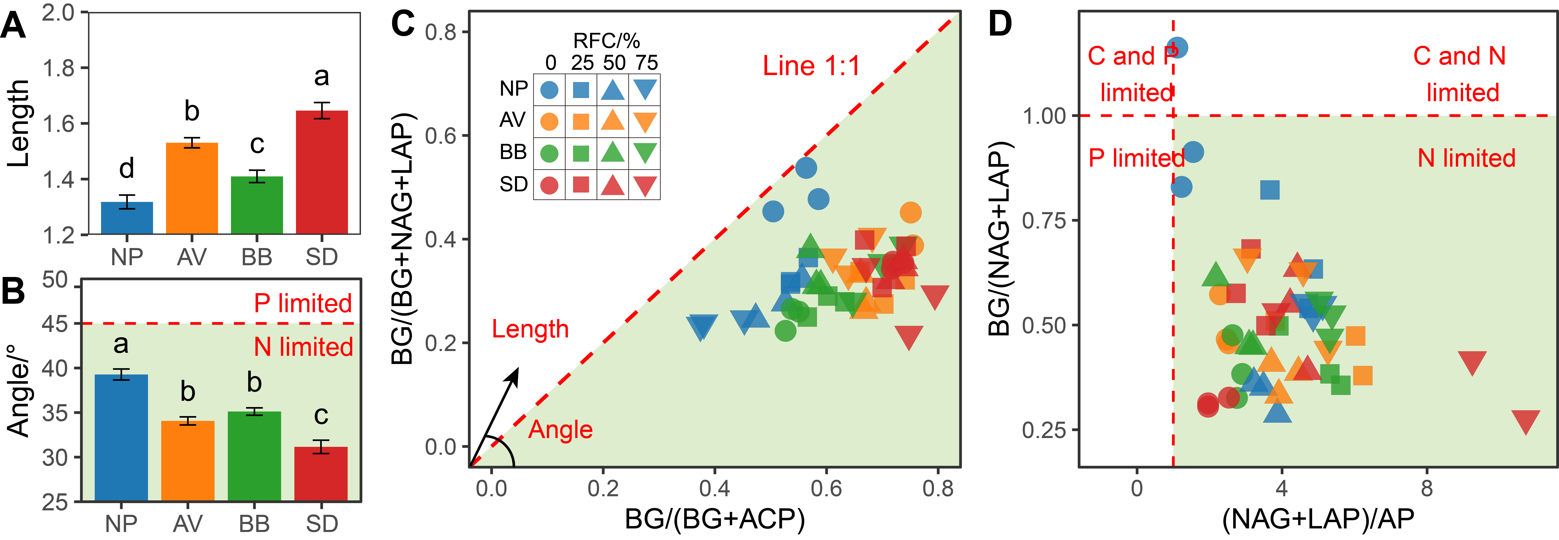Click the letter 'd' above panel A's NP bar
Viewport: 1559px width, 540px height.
click(x=127, y=168)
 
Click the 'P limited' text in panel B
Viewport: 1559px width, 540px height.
click(x=303, y=303)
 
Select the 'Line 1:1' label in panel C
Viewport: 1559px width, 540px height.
click(x=811, y=65)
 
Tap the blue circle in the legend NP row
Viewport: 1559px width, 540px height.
click(x=549, y=90)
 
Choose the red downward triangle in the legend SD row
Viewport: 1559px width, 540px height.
click(x=645, y=185)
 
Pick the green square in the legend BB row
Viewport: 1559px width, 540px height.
click(x=581, y=153)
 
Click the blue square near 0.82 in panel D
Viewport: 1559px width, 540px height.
click(x=1270, y=190)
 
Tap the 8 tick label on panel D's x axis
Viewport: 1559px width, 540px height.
click(x=1426, y=488)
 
